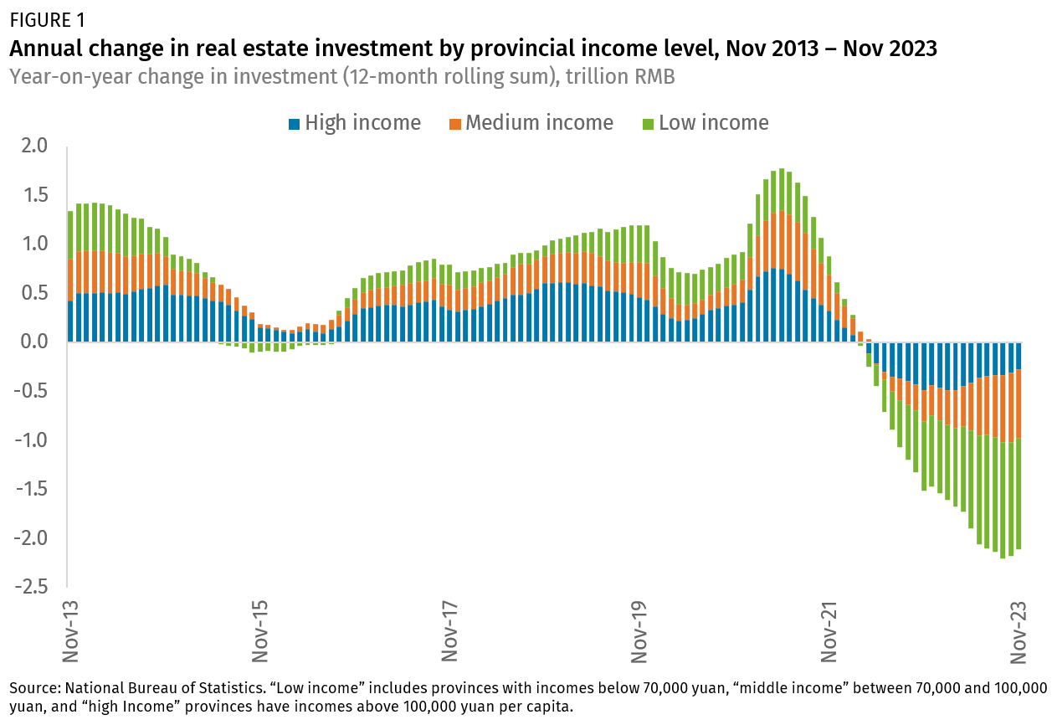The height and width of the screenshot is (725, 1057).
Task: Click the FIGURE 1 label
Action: click(47, 18)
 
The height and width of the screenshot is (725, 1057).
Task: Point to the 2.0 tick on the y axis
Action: click(33, 147)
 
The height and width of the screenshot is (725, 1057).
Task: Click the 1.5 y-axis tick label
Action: click(33, 195)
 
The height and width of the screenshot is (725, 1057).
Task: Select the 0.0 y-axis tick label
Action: click(33, 342)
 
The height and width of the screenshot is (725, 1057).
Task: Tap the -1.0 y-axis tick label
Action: click(30, 440)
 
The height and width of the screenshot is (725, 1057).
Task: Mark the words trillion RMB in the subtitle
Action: click(620, 76)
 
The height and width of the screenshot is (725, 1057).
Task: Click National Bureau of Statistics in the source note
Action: click(148, 688)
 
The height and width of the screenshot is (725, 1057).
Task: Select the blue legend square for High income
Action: click(294, 124)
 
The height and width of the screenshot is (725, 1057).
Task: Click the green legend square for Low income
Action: click(648, 124)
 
